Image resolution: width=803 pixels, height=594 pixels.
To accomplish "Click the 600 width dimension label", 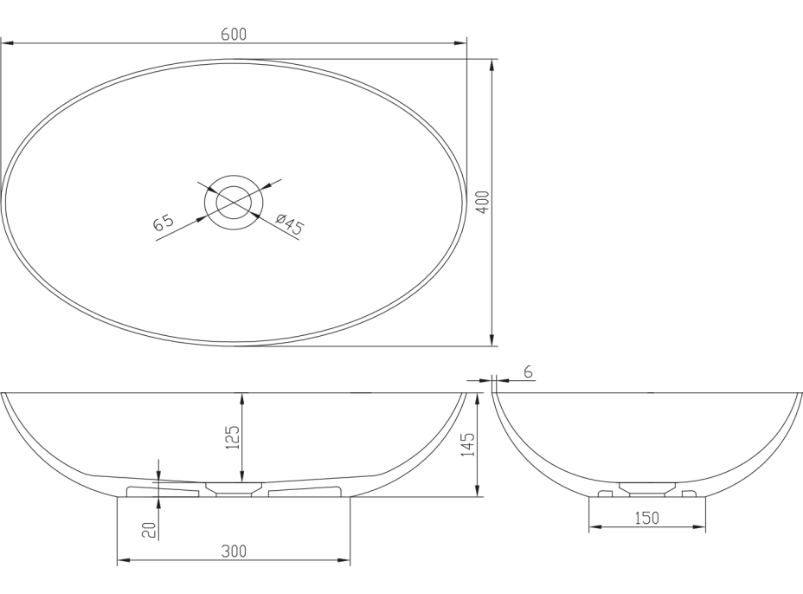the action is pyautogui.click(x=234, y=35).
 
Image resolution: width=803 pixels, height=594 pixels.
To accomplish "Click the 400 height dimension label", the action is pyautogui.click(x=484, y=202).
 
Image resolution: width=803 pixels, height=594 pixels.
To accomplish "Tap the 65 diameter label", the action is pyautogui.click(x=164, y=223).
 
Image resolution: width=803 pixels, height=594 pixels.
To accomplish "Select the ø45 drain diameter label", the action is pyautogui.click(x=289, y=224).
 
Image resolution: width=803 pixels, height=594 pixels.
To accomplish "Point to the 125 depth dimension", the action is pyautogui.click(x=233, y=436).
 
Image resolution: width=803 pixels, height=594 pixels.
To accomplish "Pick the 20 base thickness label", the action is pyautogui.click(x=149, y=530).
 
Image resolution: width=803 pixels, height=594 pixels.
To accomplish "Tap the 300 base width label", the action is pyautogui.click(x=234, y=552).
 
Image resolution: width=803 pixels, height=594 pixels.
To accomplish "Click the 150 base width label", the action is pyautogui.click(x=646, y=518).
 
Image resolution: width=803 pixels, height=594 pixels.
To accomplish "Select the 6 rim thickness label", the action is pyautogui.click(x=529, y=372).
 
